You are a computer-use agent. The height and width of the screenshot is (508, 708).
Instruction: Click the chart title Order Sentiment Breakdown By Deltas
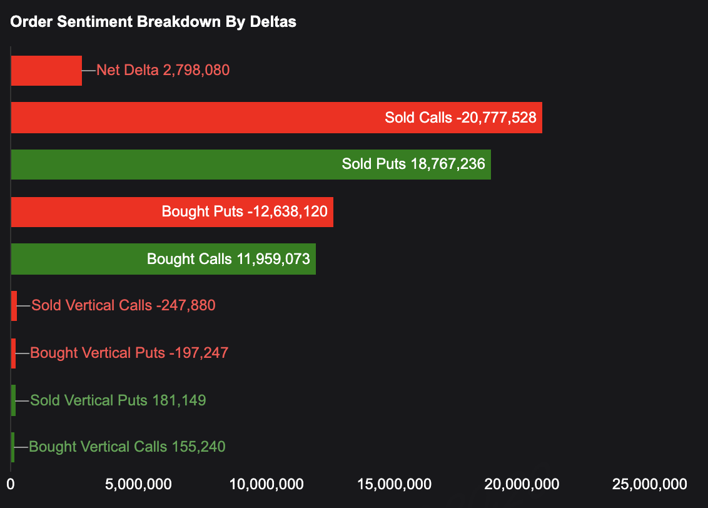153,21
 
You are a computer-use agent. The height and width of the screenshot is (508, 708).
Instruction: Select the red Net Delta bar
46,70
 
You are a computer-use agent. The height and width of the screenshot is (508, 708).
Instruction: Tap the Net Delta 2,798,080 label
163,70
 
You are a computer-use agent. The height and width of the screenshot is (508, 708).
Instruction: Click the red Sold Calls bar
188,118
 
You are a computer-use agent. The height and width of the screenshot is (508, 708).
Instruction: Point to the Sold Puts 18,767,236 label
413,165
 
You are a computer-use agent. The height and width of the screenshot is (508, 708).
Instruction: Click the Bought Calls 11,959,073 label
228,259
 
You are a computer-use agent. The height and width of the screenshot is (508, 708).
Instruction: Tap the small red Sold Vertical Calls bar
14,306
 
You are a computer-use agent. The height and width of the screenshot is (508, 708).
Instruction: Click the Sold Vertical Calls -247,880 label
123,306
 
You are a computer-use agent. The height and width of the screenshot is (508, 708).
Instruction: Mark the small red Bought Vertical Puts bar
13,353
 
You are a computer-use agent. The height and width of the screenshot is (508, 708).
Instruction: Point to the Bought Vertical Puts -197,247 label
129,353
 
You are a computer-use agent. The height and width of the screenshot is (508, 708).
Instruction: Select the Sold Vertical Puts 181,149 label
118,400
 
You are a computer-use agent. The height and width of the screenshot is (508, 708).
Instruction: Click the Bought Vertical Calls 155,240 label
127,447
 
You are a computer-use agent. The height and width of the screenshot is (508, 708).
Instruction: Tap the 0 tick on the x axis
11,484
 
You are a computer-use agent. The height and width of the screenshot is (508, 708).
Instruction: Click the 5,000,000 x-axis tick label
139,484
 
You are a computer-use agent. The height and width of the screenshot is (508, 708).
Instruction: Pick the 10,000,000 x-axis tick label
266,484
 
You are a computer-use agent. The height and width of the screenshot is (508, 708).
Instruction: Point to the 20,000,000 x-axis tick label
522,484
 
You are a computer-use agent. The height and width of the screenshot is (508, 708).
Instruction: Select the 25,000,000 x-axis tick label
650,484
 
